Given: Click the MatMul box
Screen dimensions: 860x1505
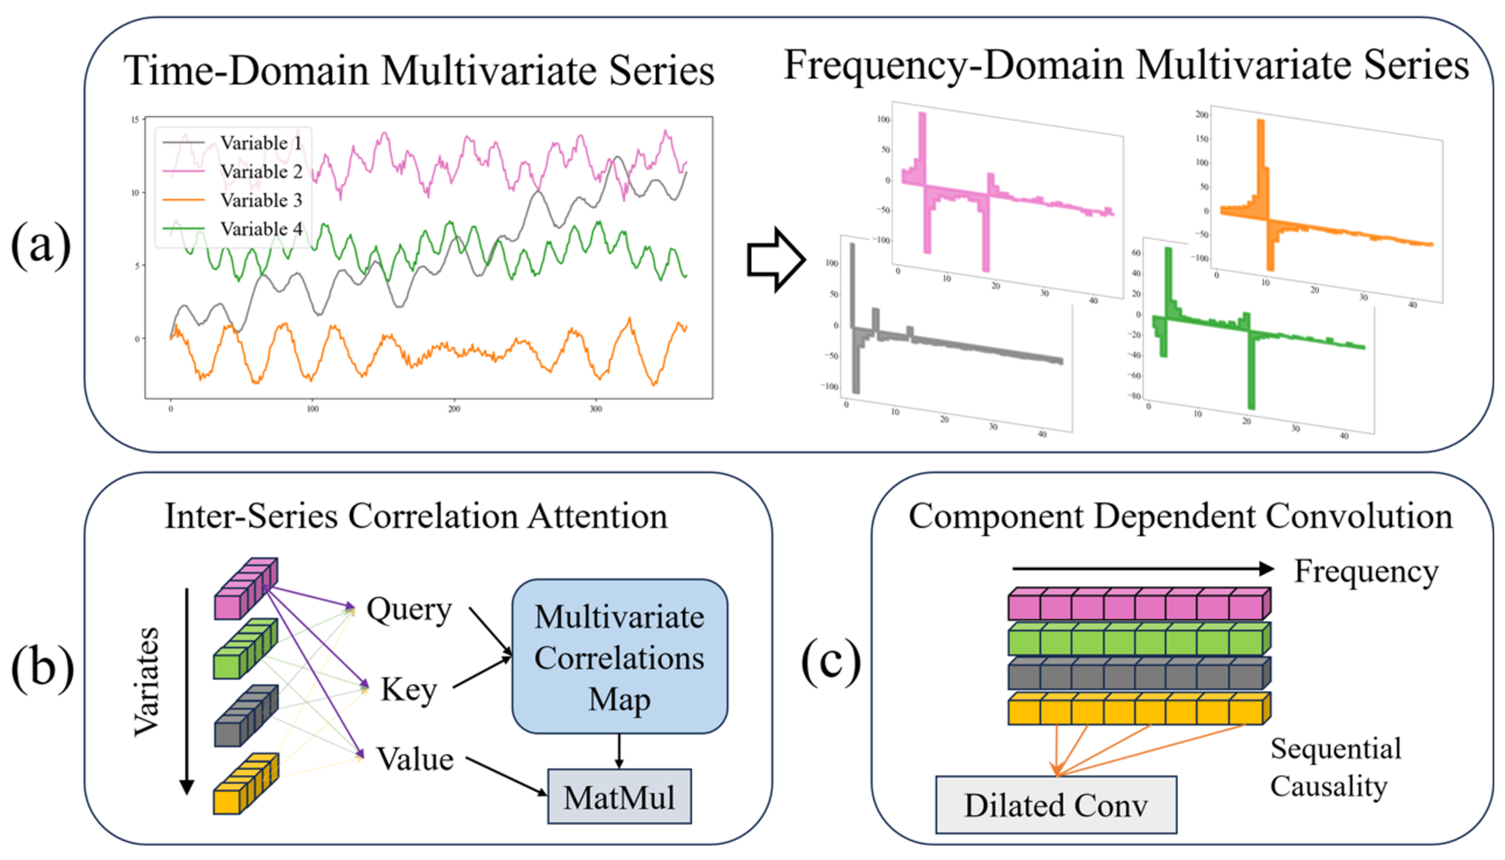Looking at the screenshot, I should [619, 796].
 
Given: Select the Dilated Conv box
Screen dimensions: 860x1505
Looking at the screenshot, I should [1056, 805].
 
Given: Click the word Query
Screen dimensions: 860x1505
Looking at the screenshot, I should [409, 609].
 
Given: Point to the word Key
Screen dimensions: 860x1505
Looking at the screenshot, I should [409, 689].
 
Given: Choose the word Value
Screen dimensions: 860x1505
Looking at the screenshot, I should [415, 759].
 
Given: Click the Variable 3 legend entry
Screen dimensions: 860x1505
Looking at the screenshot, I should [261, 200].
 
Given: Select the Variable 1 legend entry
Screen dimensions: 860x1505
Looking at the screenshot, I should [261, 143].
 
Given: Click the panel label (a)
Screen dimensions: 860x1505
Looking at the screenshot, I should [41, 245].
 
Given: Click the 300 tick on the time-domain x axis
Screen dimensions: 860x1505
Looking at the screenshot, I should [595, 409].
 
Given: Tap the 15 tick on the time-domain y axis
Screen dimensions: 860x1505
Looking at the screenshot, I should [135, 120].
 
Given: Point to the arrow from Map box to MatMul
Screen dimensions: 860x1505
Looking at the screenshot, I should [619, 751].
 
